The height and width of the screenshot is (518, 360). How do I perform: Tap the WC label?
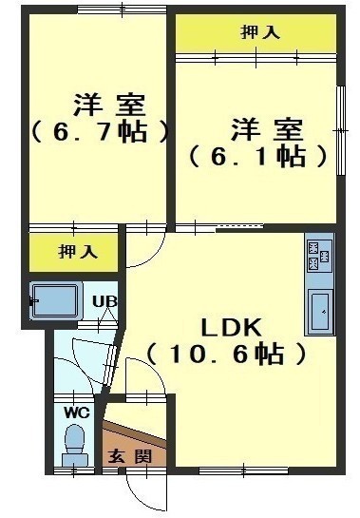click(x=77, y=412)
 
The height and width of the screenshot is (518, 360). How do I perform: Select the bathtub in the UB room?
click(x=55, y=301)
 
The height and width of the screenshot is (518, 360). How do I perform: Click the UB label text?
click(x=104, y=301)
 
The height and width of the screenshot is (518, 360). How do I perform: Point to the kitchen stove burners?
click(x=319, y=256)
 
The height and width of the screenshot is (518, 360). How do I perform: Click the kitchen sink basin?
click(x=320, y=313)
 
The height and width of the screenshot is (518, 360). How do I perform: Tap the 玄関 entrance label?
click(x=131, y=456)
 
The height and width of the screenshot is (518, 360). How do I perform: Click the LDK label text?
click(x=231, y=328)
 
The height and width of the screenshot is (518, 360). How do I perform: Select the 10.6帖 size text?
click(x=226, y=355)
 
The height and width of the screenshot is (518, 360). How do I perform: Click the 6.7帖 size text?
click(x=100, y=132)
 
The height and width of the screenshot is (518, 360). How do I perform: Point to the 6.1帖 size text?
click(x=257, y=156)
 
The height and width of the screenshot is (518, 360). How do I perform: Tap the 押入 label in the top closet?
click(x=260, y=32)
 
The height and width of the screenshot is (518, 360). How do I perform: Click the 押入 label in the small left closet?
click(x=78, y=252)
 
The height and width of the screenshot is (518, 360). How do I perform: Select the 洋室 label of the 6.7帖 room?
click(x=109, y=105)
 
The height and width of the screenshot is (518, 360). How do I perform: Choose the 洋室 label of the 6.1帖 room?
click(x=267, y=129)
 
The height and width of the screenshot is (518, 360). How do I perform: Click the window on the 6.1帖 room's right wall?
click(x=340, y=131)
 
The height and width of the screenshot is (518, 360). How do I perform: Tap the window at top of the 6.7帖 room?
click(x=122, y=10)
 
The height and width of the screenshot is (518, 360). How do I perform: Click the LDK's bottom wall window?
click(x=244, y=470)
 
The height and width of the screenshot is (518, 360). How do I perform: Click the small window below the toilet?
click(x=74, y=470)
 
